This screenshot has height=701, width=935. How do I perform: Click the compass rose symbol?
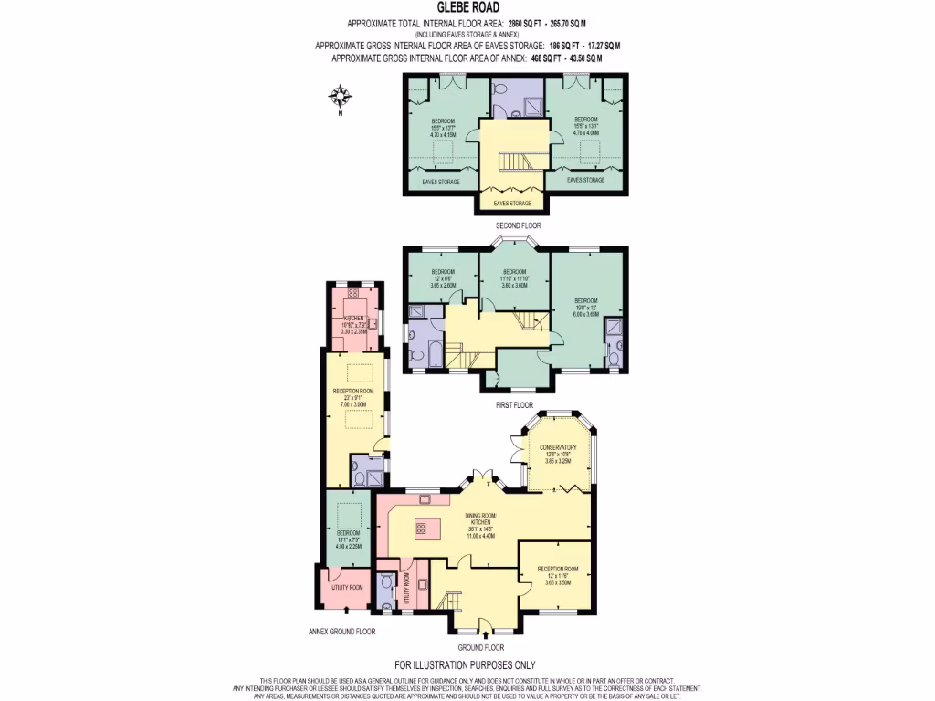click(341, 96)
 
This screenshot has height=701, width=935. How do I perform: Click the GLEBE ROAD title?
click(467, 6)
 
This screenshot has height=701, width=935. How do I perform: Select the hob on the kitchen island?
click(422, 527)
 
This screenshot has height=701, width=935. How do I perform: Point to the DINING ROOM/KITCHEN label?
click(479, 525)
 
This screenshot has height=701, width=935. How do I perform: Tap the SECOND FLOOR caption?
click(518, 225)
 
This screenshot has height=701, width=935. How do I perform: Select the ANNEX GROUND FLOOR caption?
click(341, 631)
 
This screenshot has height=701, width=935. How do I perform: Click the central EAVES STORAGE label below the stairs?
click(511, 203)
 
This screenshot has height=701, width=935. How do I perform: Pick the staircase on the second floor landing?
click(512, 162)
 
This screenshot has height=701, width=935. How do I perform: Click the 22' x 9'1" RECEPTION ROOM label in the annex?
click(353, 396)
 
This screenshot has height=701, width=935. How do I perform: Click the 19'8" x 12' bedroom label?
click(584, 307)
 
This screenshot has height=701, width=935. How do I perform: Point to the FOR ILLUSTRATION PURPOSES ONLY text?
click(465, 664)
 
